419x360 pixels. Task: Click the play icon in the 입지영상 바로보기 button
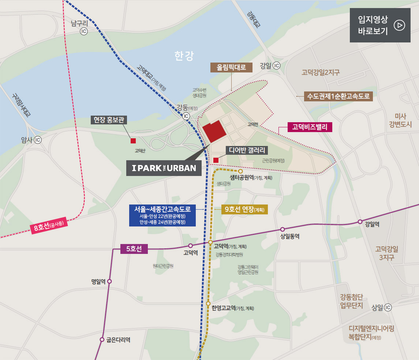(x=399, y=25)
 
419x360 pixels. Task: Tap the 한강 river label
(x=184, y=56)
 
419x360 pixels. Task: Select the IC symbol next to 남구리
(x=84, y=32)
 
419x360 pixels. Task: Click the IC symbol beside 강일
(x=276, y=66)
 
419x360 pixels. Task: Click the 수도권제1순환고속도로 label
(x=338, y=97)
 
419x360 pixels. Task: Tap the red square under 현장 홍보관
(x=133, y=141)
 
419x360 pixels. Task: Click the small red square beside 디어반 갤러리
(x=216, y=160)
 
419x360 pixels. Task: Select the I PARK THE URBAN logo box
(x=164, y=168)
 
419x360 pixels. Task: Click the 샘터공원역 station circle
(x=240, y=171)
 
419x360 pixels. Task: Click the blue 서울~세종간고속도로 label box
(x=162, y=215)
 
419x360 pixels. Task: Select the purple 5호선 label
(x=134, y=249)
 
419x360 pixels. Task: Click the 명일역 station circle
(x=109, y=281)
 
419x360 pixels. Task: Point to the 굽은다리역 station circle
(x=102, y=340)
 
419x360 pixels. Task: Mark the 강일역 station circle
(x=360, y=222)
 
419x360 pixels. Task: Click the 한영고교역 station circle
(x=208, y=304)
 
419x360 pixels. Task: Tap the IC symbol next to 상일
(x=388, y=307)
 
